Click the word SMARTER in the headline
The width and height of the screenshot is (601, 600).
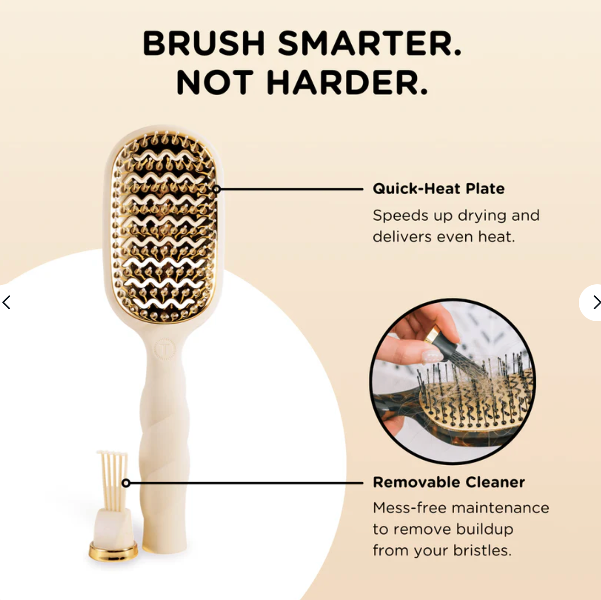click(369, 43)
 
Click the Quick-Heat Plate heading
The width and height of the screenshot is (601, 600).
click(439, 189)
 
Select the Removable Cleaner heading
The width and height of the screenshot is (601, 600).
click(449, 482)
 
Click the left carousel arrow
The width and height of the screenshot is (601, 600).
click(6, 302)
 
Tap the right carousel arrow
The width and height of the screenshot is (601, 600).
click(596, 302)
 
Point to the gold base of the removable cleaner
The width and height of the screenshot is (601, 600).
click(113, 551)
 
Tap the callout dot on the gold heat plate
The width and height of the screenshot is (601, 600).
click(216, 189)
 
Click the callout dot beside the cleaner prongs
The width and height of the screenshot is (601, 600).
click(126, 483)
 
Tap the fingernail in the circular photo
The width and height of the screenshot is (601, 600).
click(431, 356)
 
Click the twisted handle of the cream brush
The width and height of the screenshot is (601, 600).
click(164, 438)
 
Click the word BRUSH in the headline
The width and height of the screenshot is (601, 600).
click(204, 43)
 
